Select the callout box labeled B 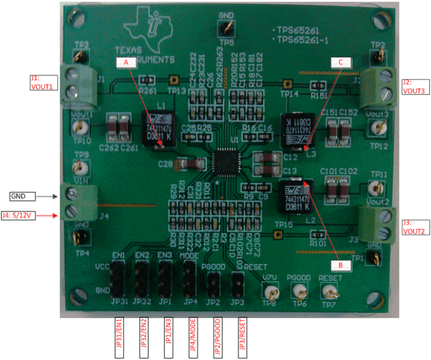coord(341,264)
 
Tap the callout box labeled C coord(341,62)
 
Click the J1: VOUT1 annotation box coord(43,82)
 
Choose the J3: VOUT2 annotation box coord(412,227)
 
